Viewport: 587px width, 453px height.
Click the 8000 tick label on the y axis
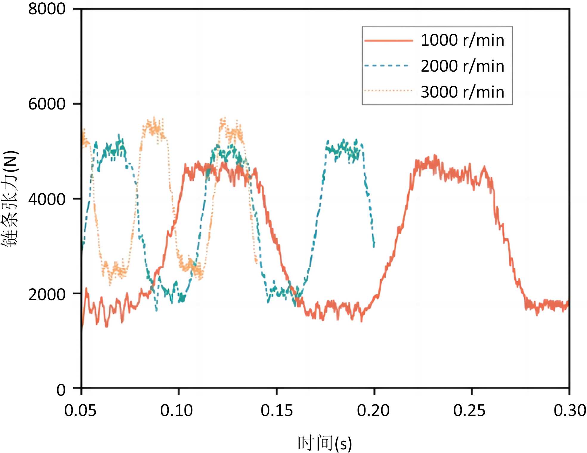[47, 9]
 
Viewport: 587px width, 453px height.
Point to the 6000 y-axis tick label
[47, 104]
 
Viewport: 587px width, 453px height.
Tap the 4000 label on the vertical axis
[47, 199]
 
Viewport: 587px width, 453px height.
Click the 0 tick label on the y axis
[61, 390]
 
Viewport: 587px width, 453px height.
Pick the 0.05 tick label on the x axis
[80, 411]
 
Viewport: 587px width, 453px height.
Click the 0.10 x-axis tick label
[176, 411]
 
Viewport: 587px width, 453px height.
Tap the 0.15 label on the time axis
[277, 411]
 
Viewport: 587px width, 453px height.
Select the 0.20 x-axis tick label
[373, 411]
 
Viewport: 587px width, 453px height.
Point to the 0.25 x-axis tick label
[469, 411]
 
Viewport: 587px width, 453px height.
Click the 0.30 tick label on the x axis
[569, 411]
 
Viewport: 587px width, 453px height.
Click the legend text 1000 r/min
[462, 40]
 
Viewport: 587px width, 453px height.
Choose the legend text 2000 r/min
[462, 66]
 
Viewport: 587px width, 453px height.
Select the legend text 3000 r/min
[462, 92]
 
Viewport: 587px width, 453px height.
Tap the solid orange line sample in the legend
[388, 41]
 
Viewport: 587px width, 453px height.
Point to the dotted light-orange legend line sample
[388, 91]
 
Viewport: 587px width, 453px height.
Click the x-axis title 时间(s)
[325, 443]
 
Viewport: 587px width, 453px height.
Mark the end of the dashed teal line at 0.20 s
[374, 246]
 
